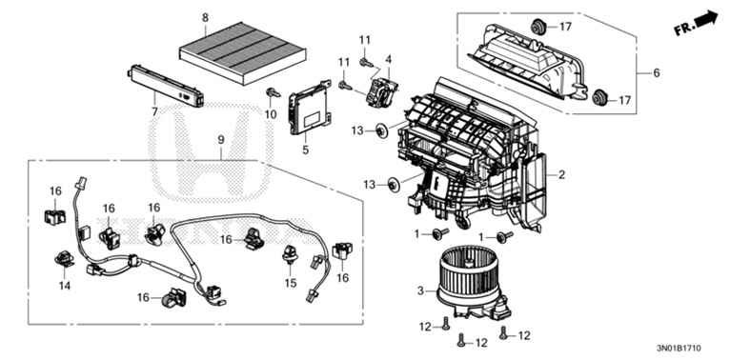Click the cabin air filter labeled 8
point(242,52)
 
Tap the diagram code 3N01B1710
point(679,348)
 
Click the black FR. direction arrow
point(705,19)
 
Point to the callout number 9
point(221,140)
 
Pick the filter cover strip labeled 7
point(166,85)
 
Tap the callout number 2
point(562,175)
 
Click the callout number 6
point(657,72)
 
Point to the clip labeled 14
point(64,260)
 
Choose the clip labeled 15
point(290,254)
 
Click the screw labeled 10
point(273,92)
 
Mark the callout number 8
point(205,18)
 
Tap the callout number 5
point(305,150)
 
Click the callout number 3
point(421,291)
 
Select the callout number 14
point(65,285)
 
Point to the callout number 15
point(291,282)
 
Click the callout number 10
point(271,114)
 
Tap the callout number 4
point(388,59)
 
